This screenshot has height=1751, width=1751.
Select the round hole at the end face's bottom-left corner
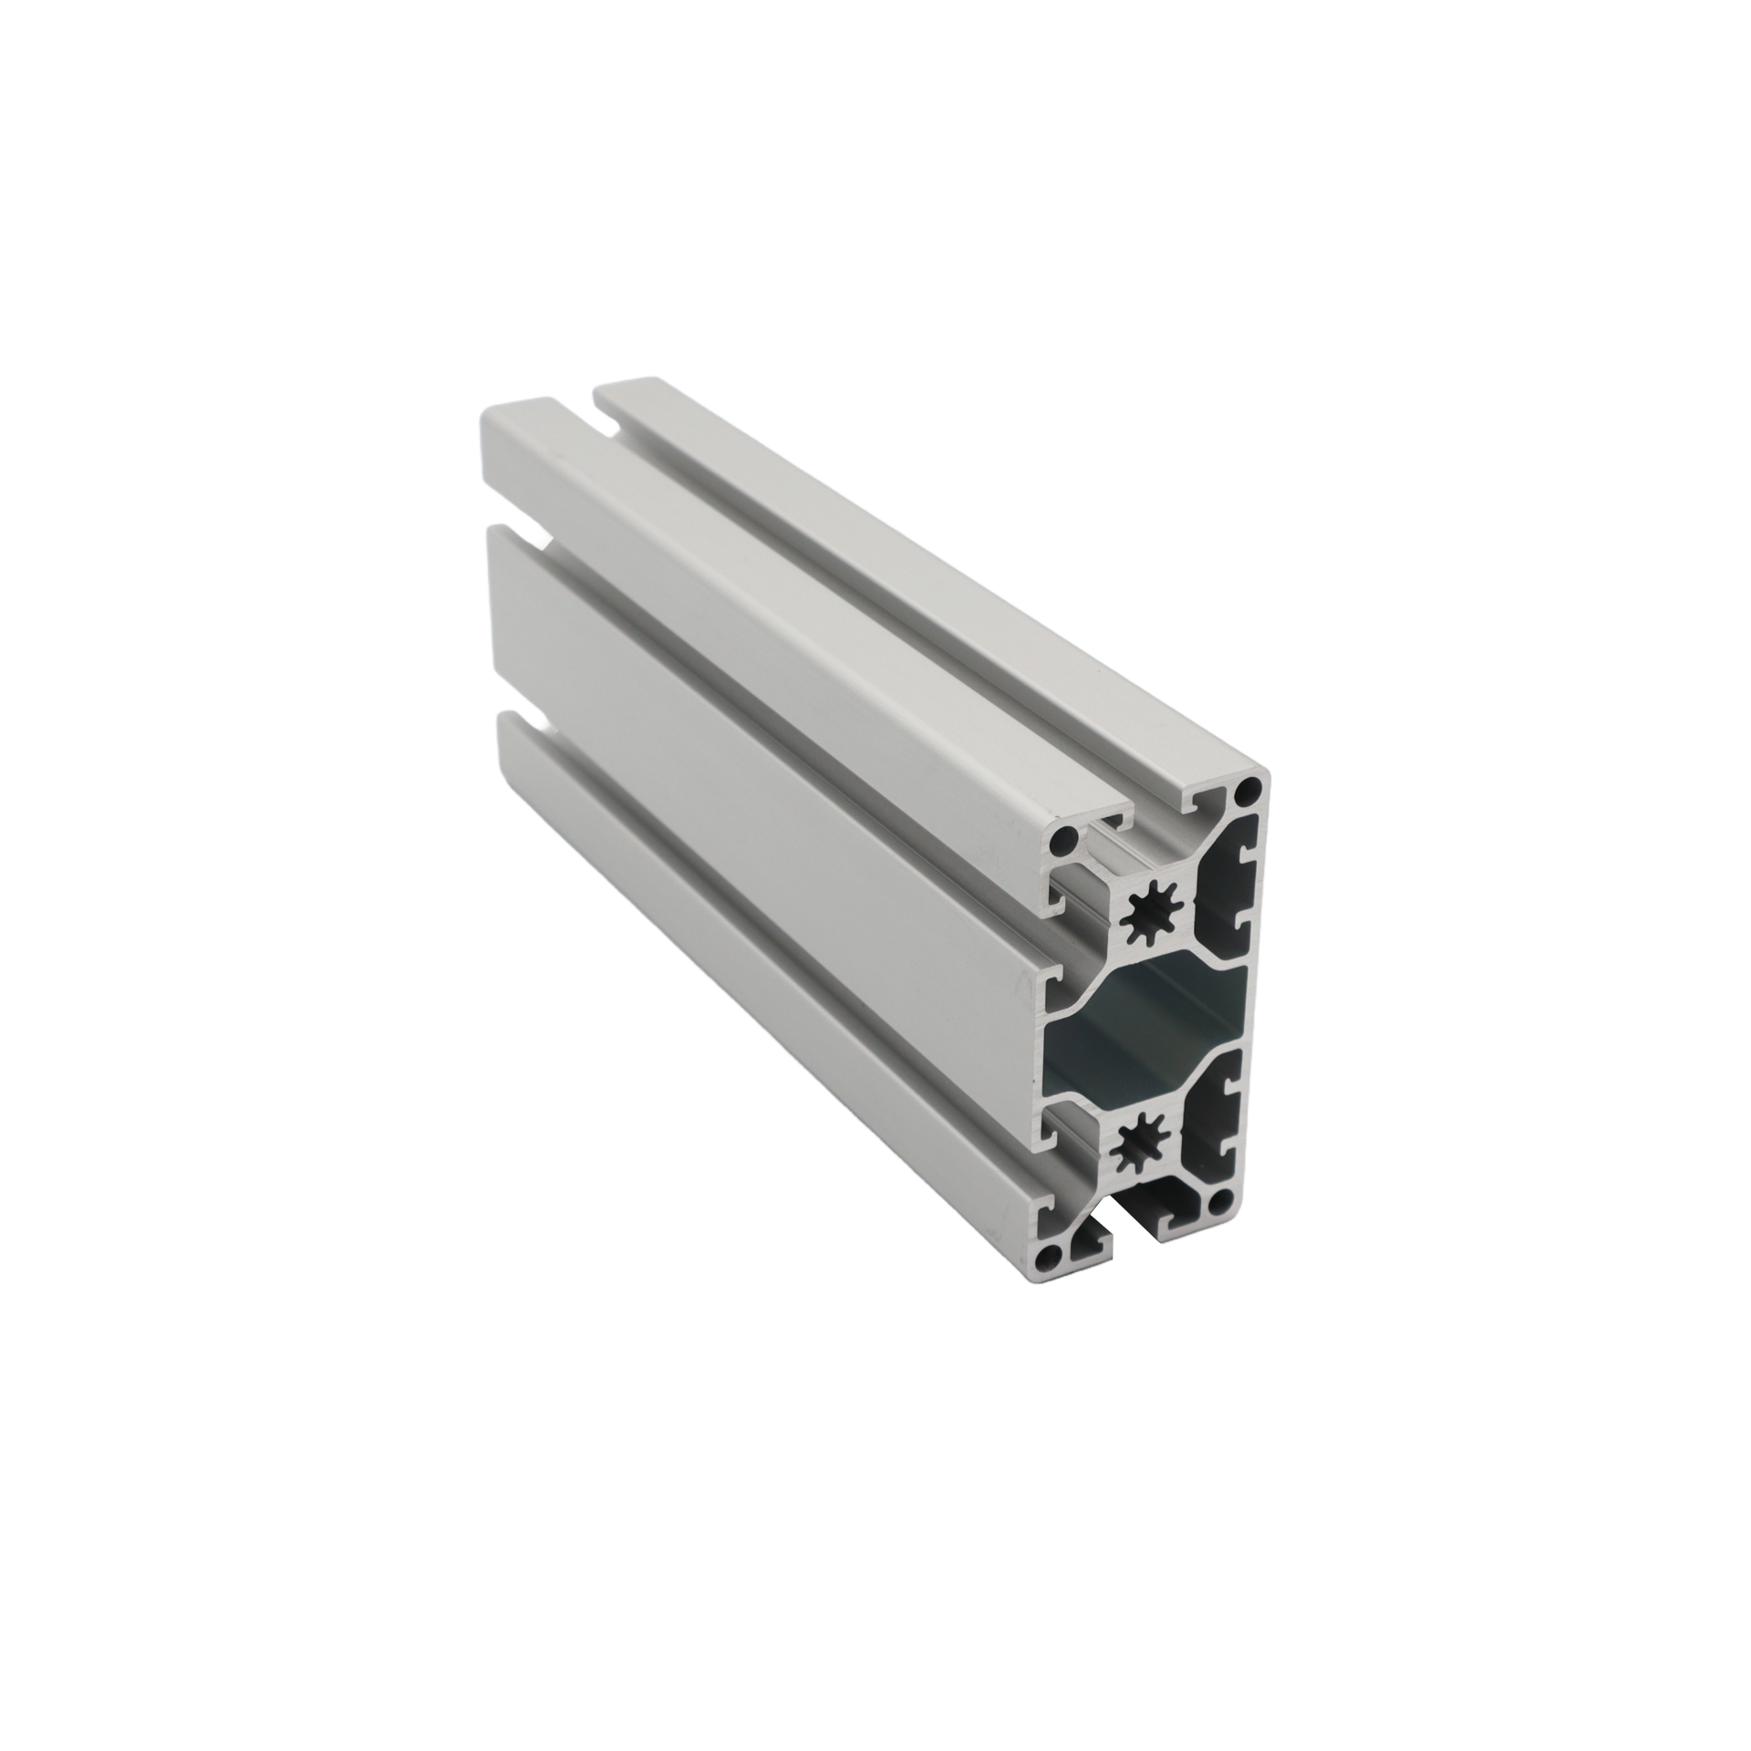tap(1052, 1256)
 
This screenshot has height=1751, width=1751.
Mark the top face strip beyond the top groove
tap(912, 565)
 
